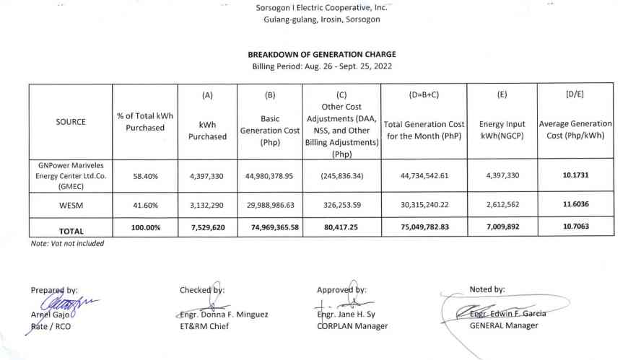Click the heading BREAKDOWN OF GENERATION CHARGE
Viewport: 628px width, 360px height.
(322, 54)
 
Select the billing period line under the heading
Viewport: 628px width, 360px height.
(322, 66)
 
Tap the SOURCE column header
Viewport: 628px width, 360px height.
(71, 122)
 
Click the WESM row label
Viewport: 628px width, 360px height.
(71, 205)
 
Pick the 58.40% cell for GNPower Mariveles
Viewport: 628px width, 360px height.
(144, 175)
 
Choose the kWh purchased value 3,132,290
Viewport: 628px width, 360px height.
(207, 205)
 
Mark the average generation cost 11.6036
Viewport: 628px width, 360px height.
(575, 205)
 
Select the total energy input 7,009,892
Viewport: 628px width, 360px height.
(502, 231)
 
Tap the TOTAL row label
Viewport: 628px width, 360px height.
(71, 232)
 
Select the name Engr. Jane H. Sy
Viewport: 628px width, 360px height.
(347, 315)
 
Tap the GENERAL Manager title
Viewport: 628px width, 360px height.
(504, 325)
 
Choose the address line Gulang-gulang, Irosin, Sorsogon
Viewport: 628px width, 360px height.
(322, 19)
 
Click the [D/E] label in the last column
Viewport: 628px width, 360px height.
(575, 95)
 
